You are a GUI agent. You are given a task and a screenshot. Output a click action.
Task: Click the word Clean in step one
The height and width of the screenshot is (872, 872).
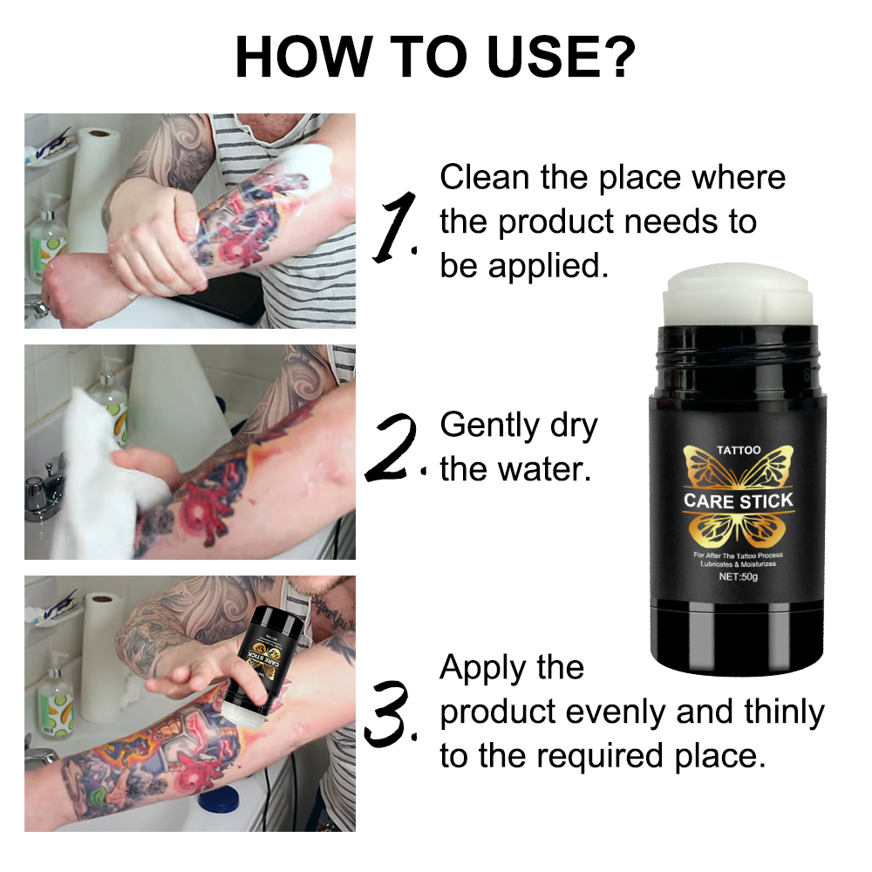pos(485,177)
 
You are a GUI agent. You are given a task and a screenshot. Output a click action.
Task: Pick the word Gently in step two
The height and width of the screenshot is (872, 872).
pos(489,426)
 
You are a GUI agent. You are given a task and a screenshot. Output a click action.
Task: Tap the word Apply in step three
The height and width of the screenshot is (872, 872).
pos(485,668)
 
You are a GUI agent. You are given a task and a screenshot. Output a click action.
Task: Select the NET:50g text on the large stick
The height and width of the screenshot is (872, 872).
pos(738,577)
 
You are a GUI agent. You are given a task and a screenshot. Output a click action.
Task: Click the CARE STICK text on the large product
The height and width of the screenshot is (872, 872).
pos(738,501)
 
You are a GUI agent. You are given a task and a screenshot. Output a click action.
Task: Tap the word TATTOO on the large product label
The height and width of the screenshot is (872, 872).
pos(738,450)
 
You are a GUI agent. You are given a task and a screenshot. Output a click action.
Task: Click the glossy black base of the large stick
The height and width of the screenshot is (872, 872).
pos(738,637)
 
